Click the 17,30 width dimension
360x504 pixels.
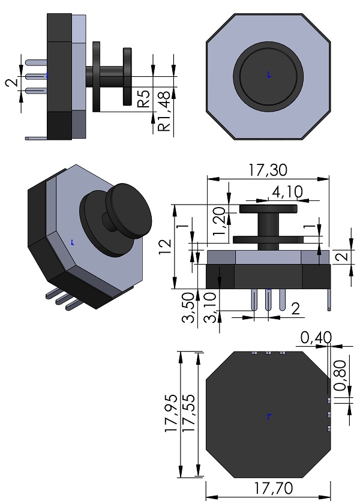click(x=268, y=170)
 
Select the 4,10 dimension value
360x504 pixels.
click(x=287, y=192)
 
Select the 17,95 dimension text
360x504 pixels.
click(x=172, y=413)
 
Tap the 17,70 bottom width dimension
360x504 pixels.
click(x=268, y=489)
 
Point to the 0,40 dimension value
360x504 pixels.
click(x=316, y=338)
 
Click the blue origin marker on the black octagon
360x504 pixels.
click(x=269, y=416)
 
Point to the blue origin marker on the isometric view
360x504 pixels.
click(x=72, y=243)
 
